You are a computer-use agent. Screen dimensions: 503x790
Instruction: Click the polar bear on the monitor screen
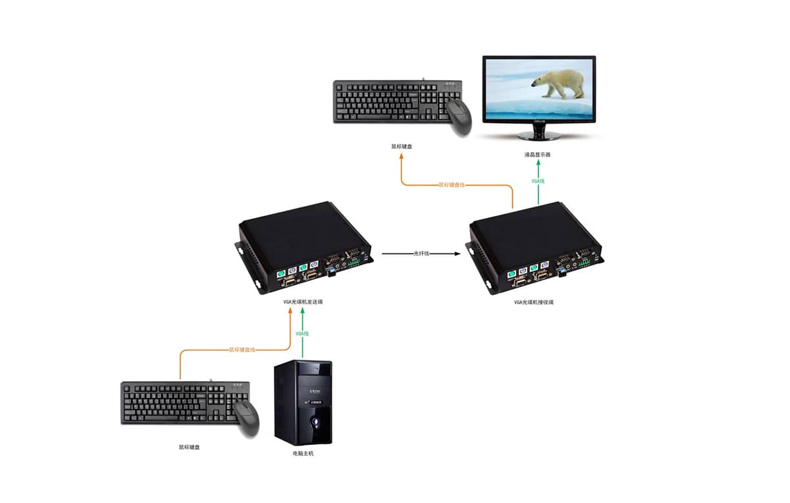pos(559,84)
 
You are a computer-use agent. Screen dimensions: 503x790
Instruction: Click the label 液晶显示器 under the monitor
pos(537,155)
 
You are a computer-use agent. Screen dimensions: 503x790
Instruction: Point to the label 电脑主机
pos(303,454)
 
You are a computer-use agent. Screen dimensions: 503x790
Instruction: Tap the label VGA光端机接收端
pos(534,302)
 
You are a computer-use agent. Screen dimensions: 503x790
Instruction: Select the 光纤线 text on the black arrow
pos(421,253)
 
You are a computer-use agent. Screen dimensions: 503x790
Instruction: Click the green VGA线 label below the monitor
pos(539,180)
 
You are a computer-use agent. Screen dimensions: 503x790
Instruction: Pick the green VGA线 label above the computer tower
pos(302,334)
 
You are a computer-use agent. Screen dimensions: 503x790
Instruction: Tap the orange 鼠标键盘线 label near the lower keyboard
pos(242,350)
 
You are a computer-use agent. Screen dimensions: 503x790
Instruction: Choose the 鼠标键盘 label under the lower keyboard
pos(189,447)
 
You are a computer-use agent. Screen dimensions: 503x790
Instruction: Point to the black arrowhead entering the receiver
pos(456,253)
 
